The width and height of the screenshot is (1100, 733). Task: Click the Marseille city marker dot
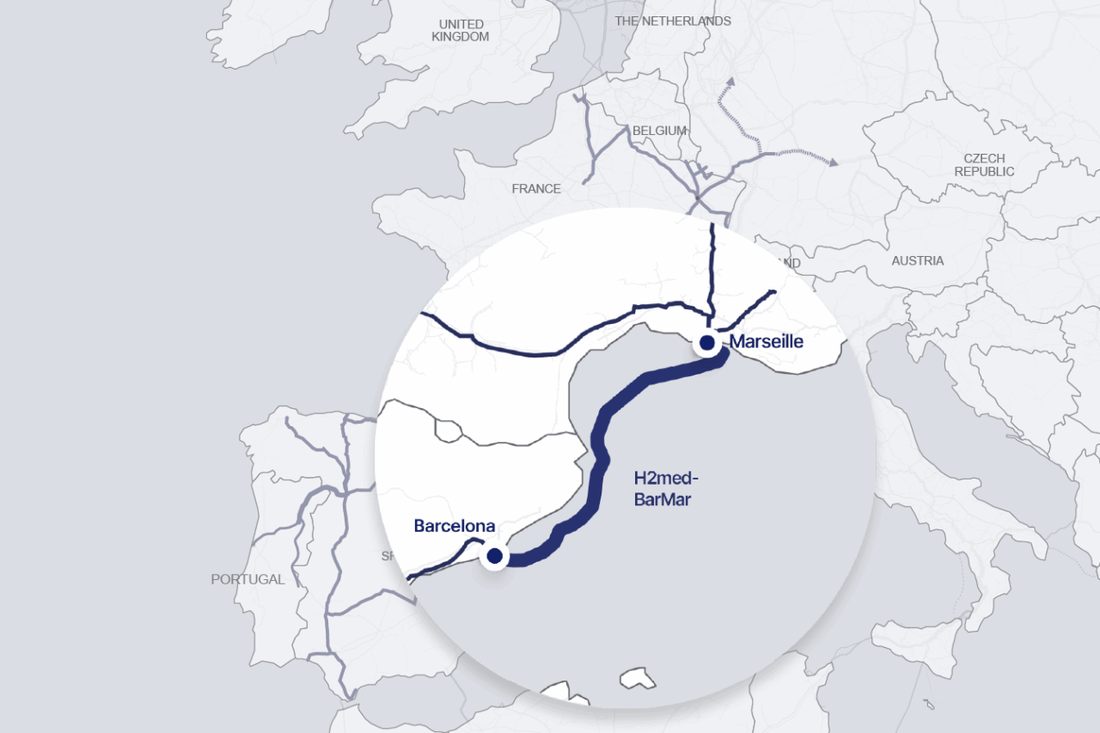coord(707,343)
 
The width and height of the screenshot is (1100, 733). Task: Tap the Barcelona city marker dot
coord(494,556)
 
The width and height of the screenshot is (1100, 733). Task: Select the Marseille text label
coord(767,342)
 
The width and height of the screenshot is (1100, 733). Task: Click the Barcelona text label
coord(454,526)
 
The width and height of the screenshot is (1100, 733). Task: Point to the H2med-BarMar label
coord(663,489)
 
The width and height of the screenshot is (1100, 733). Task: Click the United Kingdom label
coord(461,30)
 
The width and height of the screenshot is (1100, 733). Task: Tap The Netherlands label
coord(673,21)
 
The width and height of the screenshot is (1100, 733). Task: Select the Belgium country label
coord(659,131)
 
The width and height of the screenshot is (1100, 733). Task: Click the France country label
coord(535,188)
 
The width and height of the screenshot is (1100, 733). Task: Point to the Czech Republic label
coord(984,165)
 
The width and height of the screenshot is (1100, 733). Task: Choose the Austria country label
coord(917,260)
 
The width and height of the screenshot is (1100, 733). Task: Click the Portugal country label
coord(247,579)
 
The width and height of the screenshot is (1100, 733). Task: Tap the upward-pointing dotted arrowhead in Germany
coord(731,82)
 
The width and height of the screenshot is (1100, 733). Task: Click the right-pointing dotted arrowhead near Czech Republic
coord(832,161)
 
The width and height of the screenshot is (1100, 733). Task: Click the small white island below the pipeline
coord(638,678)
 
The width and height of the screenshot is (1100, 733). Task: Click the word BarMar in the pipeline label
coord(662,499)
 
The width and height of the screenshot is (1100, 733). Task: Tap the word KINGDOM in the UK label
coord(461,37)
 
